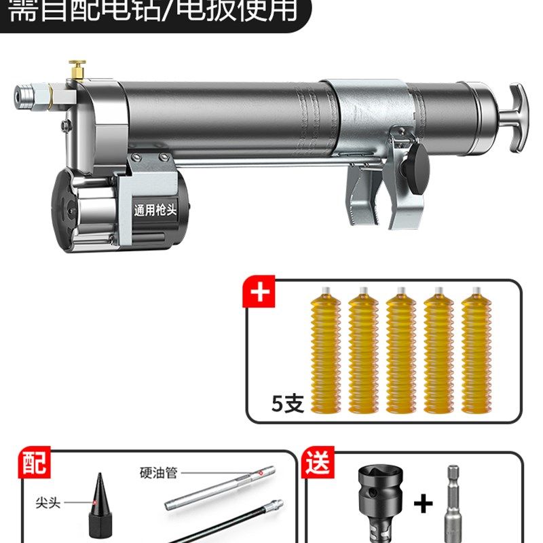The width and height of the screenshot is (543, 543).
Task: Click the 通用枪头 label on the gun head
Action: click(155, 210)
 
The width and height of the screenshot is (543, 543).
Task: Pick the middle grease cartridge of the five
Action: click(400, 353)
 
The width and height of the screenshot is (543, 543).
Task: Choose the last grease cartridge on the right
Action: click(476, 353)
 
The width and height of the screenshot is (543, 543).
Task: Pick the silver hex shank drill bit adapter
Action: click(455, 502)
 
